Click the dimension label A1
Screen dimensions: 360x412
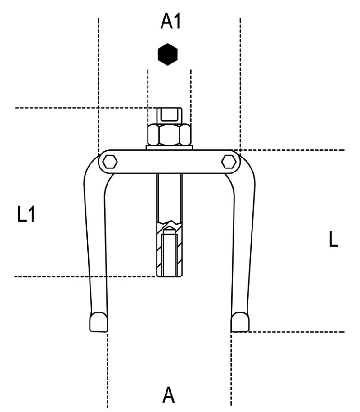pos(171,21)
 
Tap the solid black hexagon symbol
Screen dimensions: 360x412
pos(167,54)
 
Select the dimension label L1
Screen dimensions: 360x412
pos(26,214)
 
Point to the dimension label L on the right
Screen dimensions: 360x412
pos(333,239)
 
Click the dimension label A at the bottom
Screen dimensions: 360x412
pos(169,394)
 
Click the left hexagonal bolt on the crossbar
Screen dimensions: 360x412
pos(110,162)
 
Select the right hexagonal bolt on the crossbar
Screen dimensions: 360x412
pos(229,162)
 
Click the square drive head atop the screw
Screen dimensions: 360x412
pos(169,115)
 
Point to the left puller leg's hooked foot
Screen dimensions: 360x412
pos(99,322)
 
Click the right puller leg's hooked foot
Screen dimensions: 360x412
pos(240,322)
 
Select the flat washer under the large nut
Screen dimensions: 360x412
pos(169,148)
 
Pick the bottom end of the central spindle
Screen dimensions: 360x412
pos(169,276)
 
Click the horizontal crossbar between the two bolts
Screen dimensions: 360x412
pos(169,162)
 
